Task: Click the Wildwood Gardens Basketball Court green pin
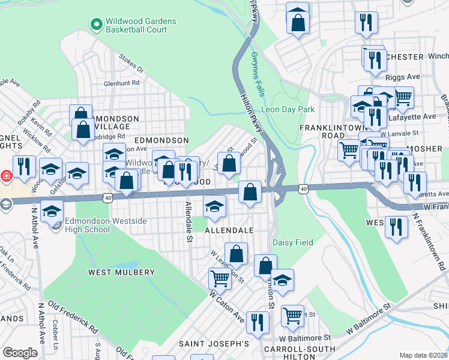95,25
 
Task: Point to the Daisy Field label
293,242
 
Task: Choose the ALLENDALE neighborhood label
229,230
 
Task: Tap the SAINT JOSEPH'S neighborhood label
214,344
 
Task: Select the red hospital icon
5,176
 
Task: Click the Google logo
20,352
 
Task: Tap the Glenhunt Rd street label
123,85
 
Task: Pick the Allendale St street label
188,214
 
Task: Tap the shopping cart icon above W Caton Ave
220,278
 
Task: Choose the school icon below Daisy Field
283,280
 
